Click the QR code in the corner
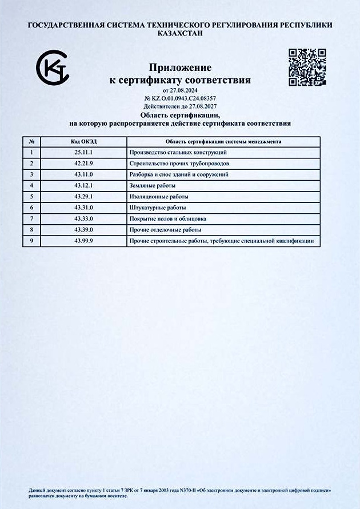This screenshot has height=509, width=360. [307, 67]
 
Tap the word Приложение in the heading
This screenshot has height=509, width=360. [180, 68]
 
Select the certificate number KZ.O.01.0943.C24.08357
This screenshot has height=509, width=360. [183, 98]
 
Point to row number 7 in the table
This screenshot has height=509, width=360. [31, 219]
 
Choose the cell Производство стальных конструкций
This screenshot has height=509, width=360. [178, 153]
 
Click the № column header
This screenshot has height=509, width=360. [31, 142]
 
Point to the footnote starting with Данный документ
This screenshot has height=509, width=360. [179, 492]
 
